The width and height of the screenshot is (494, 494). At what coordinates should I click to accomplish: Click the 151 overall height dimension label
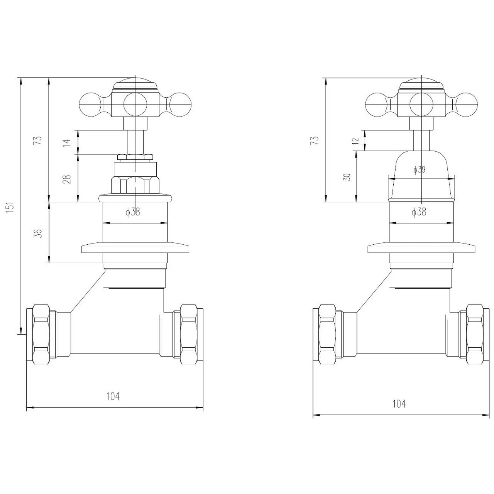tap(11, 207)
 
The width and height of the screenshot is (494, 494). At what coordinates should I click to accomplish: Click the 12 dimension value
tap(356, 140)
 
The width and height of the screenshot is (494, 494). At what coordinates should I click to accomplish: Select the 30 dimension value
tap(347, 177)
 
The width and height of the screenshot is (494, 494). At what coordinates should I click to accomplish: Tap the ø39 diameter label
tap(419, 169)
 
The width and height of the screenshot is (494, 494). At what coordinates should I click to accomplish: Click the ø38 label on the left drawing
tap(133, 211)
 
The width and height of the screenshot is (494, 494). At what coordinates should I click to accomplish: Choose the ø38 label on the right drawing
tap(419, 211)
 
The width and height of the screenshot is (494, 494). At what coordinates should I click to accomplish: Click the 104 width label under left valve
tap(113, 396)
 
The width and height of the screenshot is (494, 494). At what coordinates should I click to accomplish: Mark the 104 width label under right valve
tap(399, 404)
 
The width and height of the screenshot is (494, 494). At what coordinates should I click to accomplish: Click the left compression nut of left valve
tap(41, 333)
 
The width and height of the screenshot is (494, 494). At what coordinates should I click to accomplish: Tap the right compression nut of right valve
tap(475, 333)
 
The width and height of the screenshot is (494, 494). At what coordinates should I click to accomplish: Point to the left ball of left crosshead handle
tap(90, 104)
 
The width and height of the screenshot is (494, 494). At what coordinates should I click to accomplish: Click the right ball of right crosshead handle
tap(466, 104)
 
